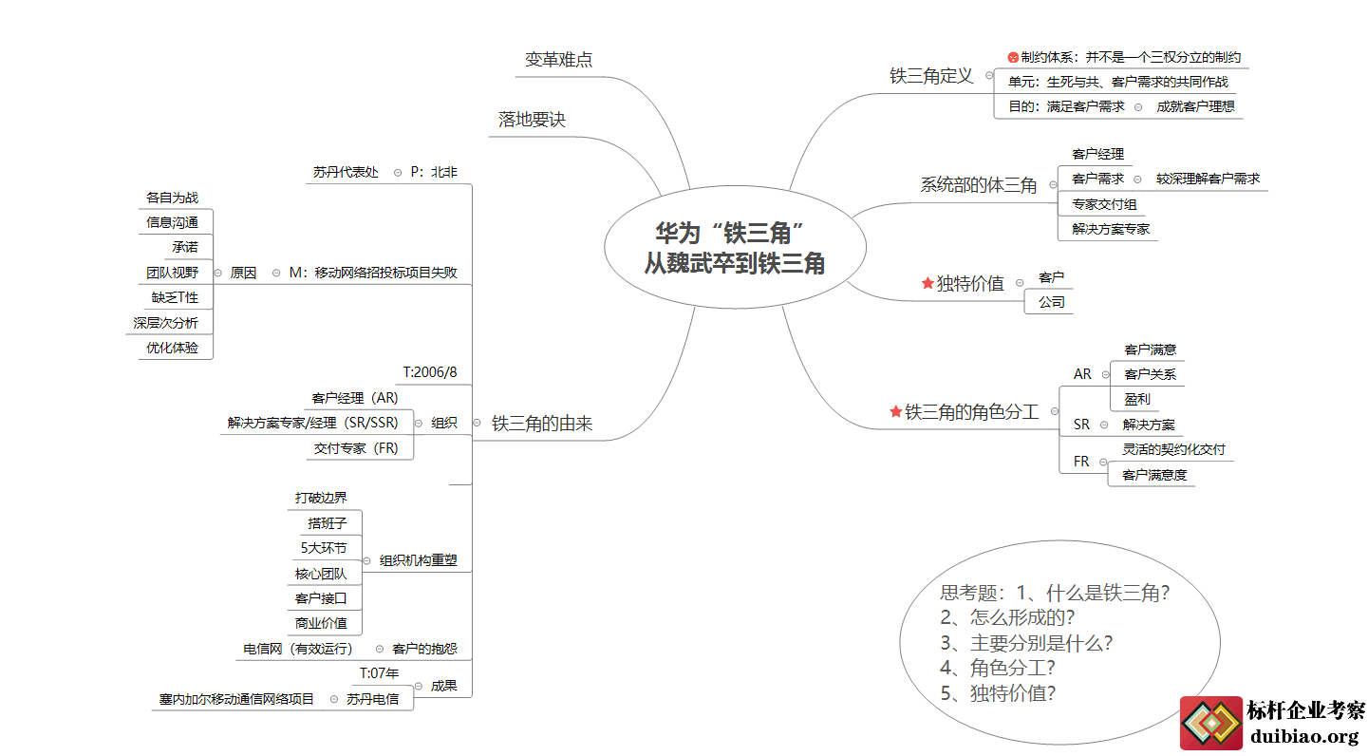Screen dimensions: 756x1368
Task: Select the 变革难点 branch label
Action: (558, 60)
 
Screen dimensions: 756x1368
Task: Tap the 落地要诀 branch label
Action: (532, 120)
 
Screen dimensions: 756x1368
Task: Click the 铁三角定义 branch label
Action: (931, 76)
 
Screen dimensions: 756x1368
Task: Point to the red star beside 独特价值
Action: (928, 283)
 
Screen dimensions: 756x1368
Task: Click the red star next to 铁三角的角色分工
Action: (895, 411)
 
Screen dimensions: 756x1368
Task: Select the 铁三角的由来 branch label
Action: (541, 424)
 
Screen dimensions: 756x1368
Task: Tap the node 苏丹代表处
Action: (346, 172)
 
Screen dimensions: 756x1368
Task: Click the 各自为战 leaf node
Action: (172, 198)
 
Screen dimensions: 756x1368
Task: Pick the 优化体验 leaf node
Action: (172, 348)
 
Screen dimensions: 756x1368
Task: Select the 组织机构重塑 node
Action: (418, 560)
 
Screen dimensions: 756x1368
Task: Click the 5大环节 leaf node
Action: (323, 548)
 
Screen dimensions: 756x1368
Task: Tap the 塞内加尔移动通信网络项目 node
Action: (236, 699)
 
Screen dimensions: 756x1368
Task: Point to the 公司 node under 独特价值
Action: (1051, 302)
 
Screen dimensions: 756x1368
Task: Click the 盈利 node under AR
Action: (1136, 399)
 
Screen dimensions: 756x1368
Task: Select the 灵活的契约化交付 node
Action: (1173, 449)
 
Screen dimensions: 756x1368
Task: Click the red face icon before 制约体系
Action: (1013, 57)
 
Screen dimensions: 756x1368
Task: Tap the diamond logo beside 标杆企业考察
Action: (1210, 724)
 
